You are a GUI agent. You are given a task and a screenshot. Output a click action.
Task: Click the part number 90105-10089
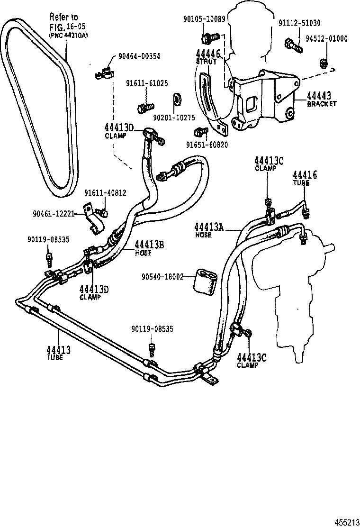tap(205, 18)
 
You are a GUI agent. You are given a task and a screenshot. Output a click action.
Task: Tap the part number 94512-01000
tap(325, 39)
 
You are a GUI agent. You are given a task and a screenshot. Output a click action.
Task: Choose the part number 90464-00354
tap(139, 55)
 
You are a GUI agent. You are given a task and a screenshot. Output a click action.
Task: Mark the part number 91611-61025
tap(146, 83)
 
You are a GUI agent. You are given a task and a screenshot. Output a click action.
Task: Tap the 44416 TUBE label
tap(305, 178)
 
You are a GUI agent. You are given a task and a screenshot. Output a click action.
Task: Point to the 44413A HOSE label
tap(208, 229)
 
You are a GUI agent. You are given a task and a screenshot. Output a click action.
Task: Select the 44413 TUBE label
tap(58, 353)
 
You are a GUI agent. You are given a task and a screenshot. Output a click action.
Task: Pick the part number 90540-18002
tap(162, 277)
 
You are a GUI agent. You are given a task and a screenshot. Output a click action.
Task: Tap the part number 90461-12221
tap(54, 214)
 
